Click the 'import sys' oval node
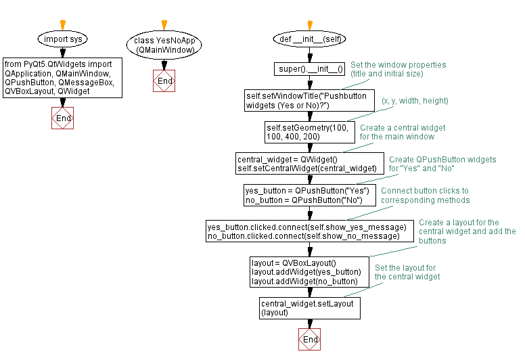coord(63,39)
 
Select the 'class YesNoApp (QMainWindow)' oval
coord(164,45)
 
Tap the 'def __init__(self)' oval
coord(311,39)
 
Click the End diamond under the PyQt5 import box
coord(63,118)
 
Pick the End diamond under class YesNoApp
coord(164,81)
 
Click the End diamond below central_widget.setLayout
coord(310,339)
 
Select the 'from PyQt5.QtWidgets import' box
coord(63,77)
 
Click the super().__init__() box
coord(311,69)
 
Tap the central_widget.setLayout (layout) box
coord(310,309)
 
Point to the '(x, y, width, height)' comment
coord(415,101)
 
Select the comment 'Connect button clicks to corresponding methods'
coord(424,196)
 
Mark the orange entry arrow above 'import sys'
coord(63,24)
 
